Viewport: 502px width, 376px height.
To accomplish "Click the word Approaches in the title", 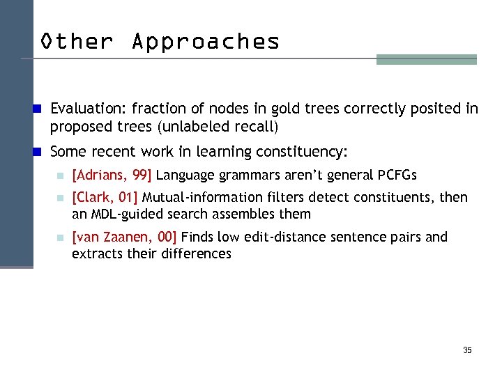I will pos(206,41).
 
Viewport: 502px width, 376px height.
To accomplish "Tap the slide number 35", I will pos(467,350).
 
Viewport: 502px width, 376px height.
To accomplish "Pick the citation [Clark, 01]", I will pos(105,198).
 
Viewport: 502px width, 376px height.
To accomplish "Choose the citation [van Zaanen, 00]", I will pos(125,237).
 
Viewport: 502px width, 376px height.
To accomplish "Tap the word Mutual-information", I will pos(201,198).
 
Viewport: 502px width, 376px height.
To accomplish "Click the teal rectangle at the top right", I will pos(426,60).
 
